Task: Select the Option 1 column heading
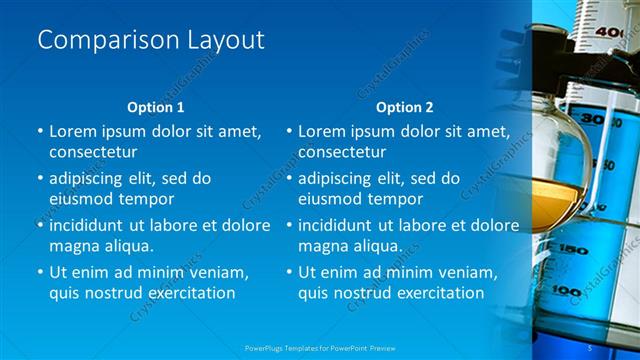tap(156, 106)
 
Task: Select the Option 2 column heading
tap(405, 106)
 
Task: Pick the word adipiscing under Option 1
tap(93, 178)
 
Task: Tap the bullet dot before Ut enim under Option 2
tap(289, 272)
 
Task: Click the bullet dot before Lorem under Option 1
tap(40, 131)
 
